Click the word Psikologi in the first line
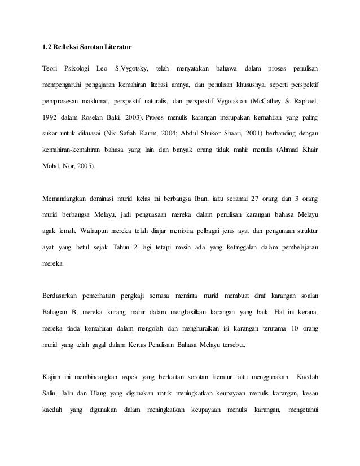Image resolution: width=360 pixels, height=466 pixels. coord(78,69)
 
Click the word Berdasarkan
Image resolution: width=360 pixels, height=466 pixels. coord(61,294)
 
